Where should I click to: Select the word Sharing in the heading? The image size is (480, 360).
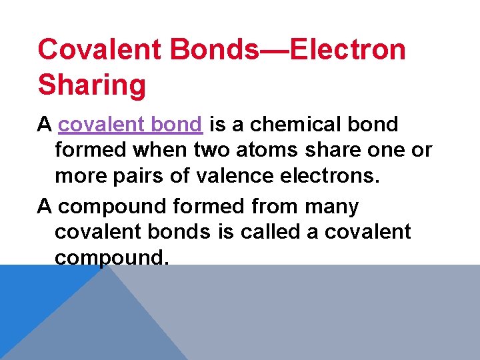point(92,85)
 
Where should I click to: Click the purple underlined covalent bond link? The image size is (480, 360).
point(130,124)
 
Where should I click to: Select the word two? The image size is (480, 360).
point(209,151)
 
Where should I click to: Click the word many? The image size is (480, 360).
point(331,207)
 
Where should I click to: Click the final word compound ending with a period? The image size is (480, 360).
point(112,257)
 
